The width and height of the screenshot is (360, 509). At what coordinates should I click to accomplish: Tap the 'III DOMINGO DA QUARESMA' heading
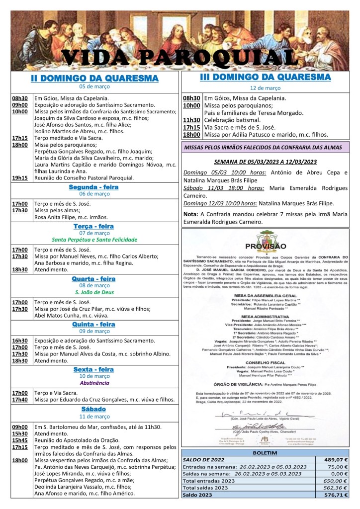pos(265,78)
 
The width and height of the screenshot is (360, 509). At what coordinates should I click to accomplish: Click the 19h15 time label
pos(20,178)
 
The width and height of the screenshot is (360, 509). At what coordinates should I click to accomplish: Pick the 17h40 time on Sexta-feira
pos(20,399)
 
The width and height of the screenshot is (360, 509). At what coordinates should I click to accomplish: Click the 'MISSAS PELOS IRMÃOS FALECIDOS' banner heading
pos(265,147)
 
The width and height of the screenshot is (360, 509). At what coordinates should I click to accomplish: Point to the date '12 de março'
pos(265,88)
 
